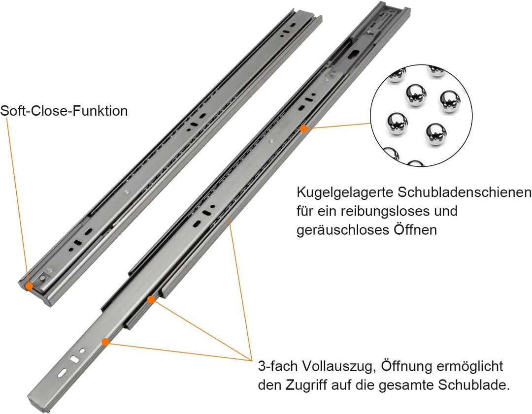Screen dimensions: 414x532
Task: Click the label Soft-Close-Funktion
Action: point(64,111)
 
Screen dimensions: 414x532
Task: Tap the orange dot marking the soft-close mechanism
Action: point(30,286)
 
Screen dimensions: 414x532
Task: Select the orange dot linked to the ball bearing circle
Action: point(304,128)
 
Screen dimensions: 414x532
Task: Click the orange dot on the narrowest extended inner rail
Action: point(105,341)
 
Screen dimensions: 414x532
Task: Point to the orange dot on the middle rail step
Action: point(151,299)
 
